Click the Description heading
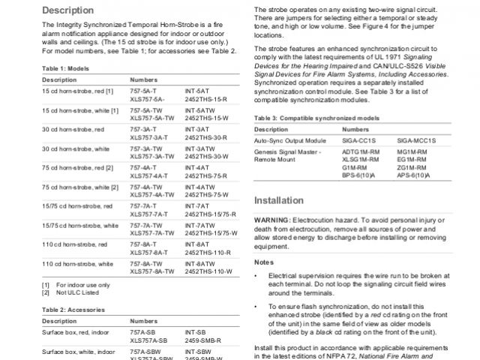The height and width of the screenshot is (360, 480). [x=68, y=10]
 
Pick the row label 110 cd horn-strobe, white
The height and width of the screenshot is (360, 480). [x=78, y=264]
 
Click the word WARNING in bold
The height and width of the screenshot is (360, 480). [x=275, y=220]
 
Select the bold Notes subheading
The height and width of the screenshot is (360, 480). [x=264, y=262]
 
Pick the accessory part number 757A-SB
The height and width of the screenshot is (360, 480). [x=143, y=332]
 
